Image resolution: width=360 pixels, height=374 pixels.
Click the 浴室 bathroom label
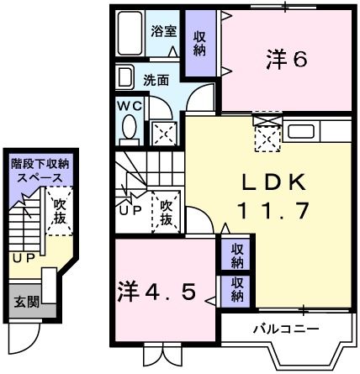point(163,31)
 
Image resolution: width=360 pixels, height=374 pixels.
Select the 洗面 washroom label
point(156,81)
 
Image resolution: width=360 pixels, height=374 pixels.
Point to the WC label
point(129,107)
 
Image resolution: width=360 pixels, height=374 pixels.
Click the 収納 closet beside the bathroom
point(199,42)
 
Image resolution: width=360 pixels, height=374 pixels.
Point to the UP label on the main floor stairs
point(130,209)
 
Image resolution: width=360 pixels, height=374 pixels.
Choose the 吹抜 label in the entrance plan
point(58,211)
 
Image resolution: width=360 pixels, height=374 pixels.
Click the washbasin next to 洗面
point(124,79)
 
